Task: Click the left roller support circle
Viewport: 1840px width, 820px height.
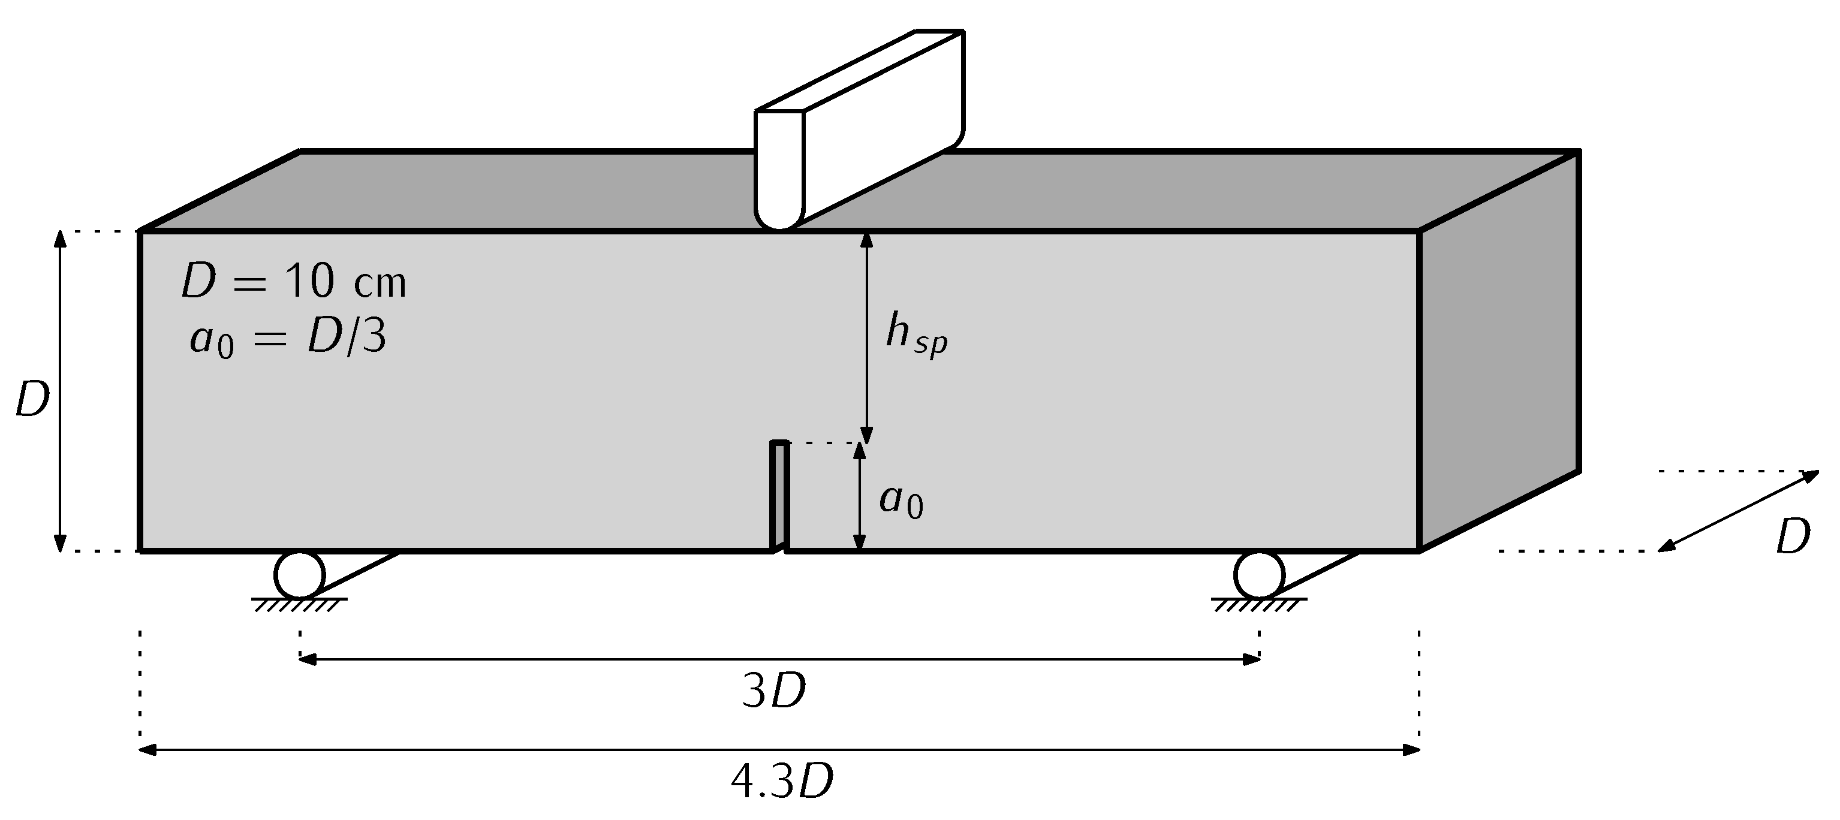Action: click(x=299, y=574)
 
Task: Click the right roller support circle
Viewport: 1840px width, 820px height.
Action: click(x=1258, y=574)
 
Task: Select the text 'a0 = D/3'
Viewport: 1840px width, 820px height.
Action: click(x=288, y=339)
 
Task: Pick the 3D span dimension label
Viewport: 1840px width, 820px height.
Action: click(x=773, y=692)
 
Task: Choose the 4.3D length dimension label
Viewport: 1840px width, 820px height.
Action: click(x=781, y=783)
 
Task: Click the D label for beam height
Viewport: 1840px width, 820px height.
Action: click(x=32, y=400)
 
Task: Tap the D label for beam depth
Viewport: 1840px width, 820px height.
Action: click(x=1793, y=537)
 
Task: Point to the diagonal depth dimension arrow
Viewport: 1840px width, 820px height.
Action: click(x=1737, y=511)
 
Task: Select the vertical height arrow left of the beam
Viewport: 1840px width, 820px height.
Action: click(x=61, y=391)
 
